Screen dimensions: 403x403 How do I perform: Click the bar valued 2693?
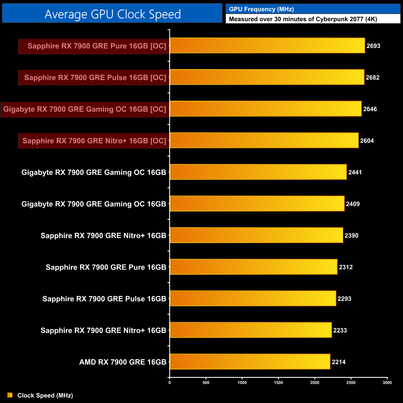267,46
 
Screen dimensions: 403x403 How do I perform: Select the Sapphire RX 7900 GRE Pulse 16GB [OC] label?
95,77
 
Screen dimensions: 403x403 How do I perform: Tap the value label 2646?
370,109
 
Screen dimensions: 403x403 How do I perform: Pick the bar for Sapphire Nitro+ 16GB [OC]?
264,140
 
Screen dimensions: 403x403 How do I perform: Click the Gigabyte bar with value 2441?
258,172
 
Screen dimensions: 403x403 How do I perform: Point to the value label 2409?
353,204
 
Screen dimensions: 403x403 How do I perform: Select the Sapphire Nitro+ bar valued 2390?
256,235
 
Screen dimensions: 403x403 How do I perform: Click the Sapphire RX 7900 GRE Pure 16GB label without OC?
106,267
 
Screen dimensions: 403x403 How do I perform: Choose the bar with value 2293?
253,299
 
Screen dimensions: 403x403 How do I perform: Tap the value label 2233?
340,330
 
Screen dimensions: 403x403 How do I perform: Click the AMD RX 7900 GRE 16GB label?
123,362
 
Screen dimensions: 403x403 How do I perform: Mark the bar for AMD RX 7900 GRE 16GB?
250,362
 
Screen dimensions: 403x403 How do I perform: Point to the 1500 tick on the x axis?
278,383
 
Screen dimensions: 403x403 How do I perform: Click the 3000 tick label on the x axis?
387,383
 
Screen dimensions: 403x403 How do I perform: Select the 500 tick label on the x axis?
206,383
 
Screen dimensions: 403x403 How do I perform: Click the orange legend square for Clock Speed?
10,395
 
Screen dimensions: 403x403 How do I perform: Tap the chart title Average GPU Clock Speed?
113,14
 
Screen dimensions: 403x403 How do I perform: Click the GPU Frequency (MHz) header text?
261,9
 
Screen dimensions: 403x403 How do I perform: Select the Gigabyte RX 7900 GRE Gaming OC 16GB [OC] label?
85,109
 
